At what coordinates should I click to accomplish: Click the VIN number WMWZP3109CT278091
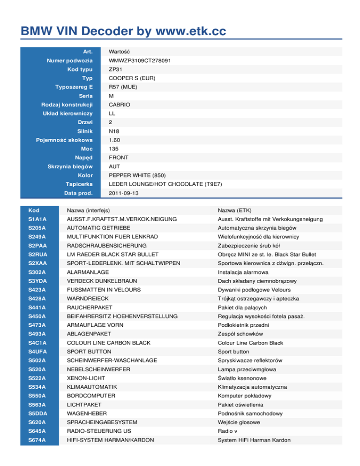click(x=139, y=61)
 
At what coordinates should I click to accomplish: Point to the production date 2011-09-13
click(x=123, y=193)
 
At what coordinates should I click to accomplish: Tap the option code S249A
click(x=37, y=237)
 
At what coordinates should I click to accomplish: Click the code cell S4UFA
click(x=37, y=352)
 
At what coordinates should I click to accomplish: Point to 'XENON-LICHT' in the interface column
click(x=86, y=378)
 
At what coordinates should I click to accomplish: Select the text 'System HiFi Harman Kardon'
click(x=254, y=440)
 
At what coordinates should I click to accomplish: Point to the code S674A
click(x=37, y=440)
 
